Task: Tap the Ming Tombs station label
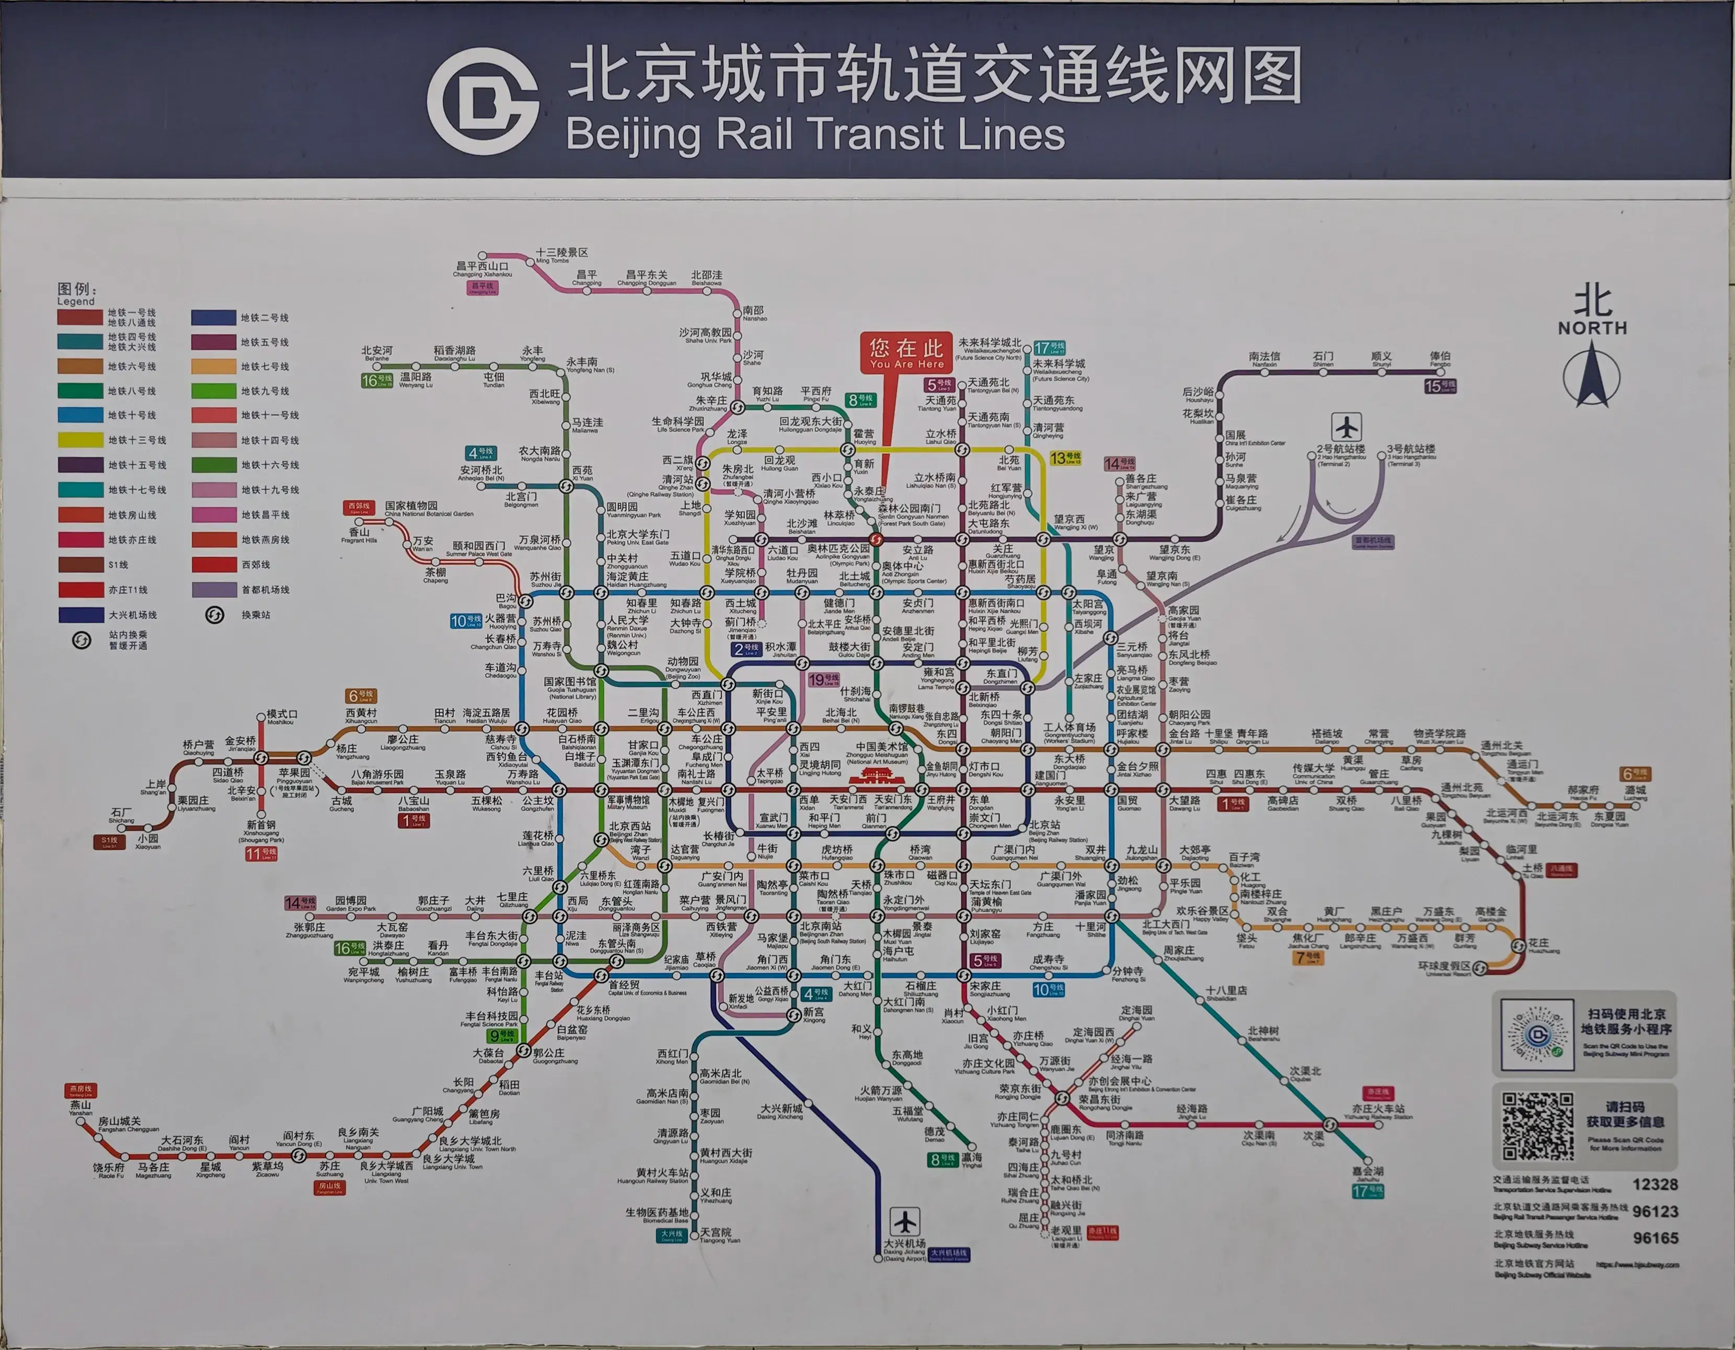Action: coord(561,254)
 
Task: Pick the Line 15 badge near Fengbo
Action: coord(1440,386)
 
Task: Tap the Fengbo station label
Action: coord(1440,358)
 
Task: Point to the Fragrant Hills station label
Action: coord(359,534)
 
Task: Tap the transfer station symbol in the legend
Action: coord(214,614)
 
